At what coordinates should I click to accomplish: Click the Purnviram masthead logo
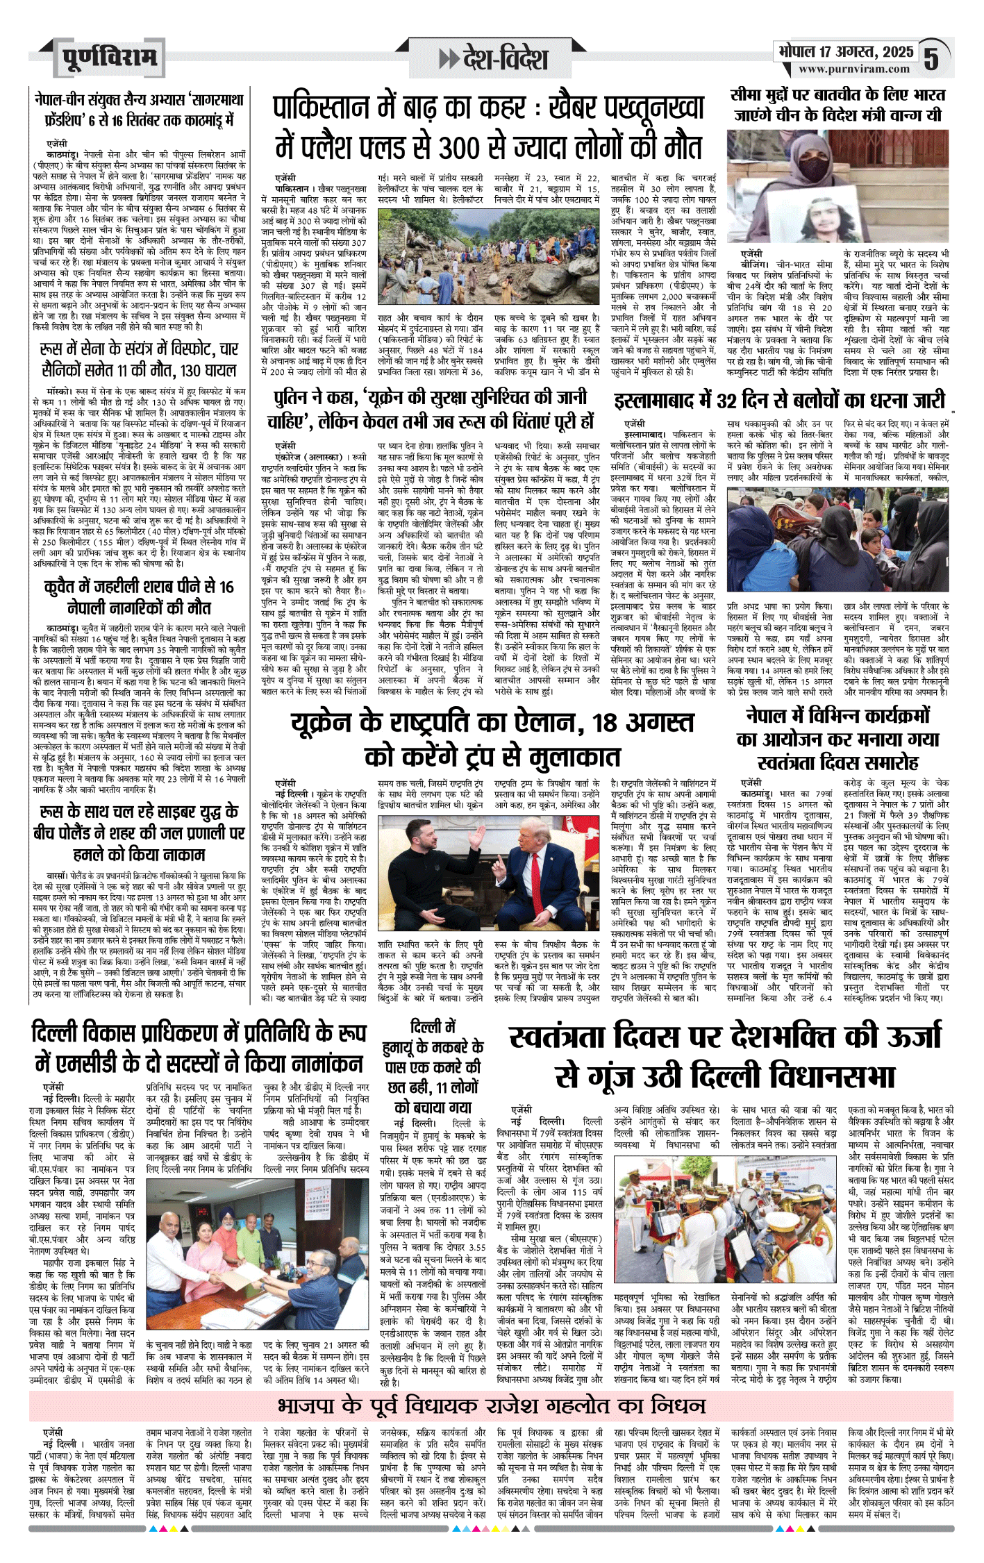(x=108, y=58)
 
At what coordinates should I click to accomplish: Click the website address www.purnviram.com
(x=853, y=69)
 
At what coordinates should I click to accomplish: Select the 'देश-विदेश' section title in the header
(x=494, y=59)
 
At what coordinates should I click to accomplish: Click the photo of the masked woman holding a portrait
(x=837, y=186)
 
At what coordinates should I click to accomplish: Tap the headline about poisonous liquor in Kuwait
(x=139, y=596)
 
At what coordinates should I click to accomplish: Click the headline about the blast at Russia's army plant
(x=139, y=359)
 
